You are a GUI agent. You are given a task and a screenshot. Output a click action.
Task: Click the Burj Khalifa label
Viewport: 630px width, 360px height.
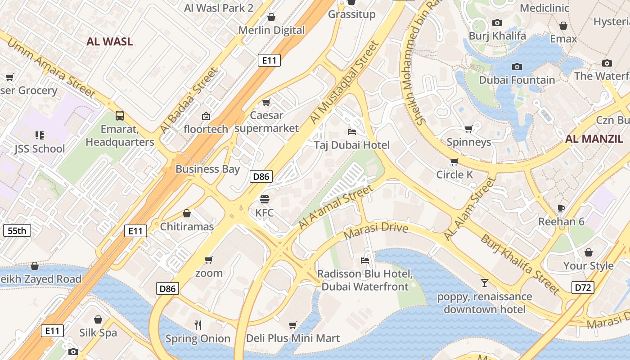tap(497, 36)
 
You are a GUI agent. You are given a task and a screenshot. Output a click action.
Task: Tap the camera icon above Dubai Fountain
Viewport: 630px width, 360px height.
tap(517, 67)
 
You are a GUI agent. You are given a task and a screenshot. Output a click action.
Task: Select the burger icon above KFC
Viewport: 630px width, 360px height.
tap(265, 199)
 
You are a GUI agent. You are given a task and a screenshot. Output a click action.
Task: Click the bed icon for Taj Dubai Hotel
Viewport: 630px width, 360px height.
tap(352, 131)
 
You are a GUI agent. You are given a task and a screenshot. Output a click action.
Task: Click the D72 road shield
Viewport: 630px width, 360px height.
tap(583, 287)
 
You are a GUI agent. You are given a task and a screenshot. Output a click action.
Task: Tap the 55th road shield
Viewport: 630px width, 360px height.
tap(17, 231)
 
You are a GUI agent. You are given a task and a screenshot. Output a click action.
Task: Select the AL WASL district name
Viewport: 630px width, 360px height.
tap(109, 42)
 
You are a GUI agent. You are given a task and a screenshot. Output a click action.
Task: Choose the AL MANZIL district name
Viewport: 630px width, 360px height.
tap(594, 139)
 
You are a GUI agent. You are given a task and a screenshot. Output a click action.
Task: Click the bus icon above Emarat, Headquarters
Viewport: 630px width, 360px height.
tap(120, 116)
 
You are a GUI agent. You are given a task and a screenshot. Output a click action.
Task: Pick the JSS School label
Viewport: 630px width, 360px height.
tap(40, 148)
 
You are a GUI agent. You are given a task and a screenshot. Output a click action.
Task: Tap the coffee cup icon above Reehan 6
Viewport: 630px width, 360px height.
tap(561, 208)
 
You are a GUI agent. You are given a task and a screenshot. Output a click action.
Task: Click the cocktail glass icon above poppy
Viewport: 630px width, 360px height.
tap(484, 283)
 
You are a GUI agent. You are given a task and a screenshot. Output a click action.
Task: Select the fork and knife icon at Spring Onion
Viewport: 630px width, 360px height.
tap(198, 325)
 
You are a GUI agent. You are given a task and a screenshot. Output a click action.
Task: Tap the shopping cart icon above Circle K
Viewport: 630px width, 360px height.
tap(454, 162)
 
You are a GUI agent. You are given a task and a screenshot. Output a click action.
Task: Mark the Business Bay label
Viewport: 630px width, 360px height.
tap(207, 169)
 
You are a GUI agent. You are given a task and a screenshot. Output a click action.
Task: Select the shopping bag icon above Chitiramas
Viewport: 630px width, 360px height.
tap(187, 213)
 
